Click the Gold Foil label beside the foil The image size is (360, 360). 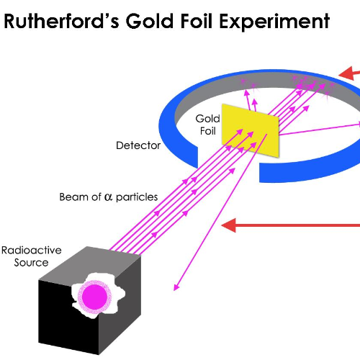click(x=208, y=123)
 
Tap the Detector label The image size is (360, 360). click(x=138, y=145)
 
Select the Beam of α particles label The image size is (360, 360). click(x=109, y=197)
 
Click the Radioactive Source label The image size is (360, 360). click(x=31, y=256)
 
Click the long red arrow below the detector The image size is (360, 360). click(x=288, y=226)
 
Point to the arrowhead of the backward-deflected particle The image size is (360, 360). click(x=175, y=289)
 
